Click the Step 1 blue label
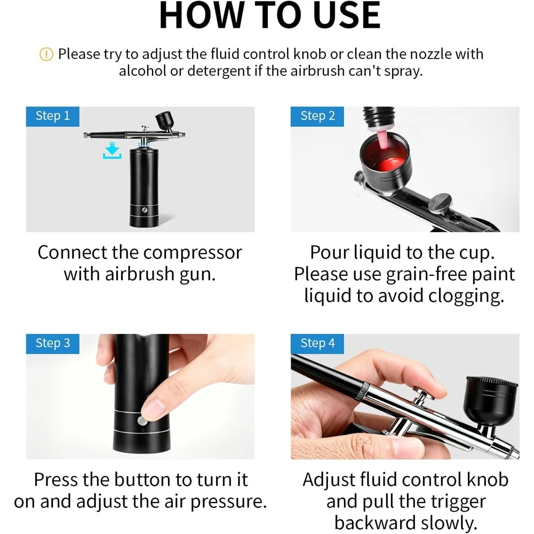52,116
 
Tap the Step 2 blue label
317,116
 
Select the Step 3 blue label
52,344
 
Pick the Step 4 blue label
317,344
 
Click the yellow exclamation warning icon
46,54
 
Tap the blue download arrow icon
112,150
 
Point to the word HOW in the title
201,15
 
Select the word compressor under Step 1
193,253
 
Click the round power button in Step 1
145,210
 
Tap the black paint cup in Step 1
165,119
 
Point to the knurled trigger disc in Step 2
440,203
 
